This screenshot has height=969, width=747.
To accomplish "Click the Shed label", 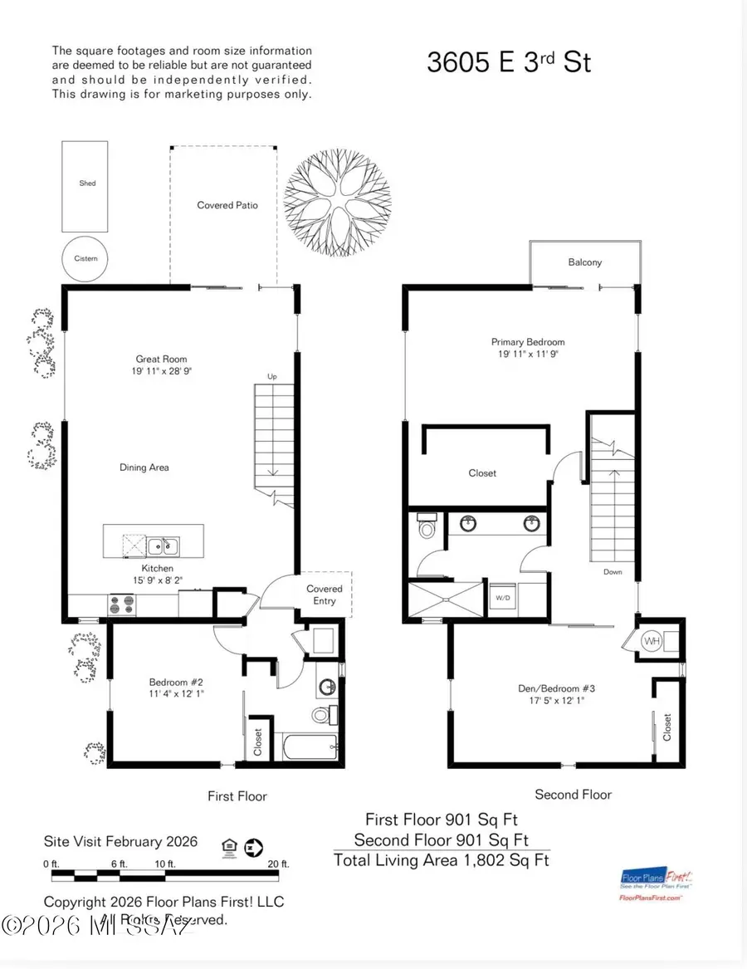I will click(x=87, y=184).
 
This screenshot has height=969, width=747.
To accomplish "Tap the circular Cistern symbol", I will click(x=85, y=258).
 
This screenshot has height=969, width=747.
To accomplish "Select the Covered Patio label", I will click(x=227, y=205).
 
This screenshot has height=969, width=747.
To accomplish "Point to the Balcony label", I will click(x=585, y=262).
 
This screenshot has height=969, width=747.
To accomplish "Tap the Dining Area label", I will click(x=144, y=467).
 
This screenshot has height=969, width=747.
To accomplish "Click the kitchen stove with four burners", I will click(x=122, y=604).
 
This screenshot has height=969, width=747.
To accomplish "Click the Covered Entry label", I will click(x=325, y=595).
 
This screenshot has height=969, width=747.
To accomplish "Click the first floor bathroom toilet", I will click(x=322, y=714).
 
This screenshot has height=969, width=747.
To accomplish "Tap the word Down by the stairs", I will click(x=613, y=572).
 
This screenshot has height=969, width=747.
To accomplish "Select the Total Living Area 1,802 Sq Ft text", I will click(x=441, y=860).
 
